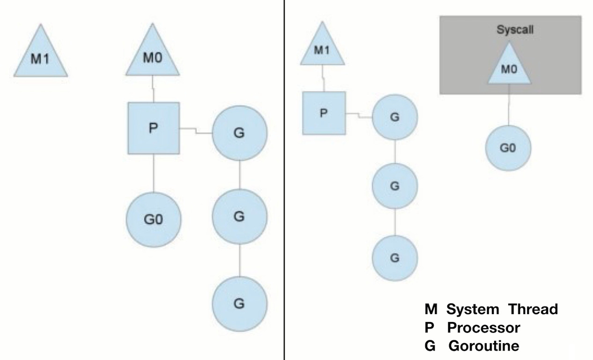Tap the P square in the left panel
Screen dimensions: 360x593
(153, 128)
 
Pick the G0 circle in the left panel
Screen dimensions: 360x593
(153, 219)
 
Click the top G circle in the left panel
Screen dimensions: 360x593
(239, 133)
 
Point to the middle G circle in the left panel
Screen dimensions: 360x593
(239, 216)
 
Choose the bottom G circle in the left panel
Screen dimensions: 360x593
(239, 303)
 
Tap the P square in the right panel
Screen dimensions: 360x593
(324, 113)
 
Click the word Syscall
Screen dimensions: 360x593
(515, 30)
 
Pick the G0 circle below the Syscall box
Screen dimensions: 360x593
(508, 148)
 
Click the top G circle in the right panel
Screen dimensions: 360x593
(394, 117)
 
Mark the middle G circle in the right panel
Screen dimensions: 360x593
(394, 186)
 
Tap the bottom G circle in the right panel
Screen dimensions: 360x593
(394, 257)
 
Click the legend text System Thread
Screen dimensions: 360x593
(502, 309)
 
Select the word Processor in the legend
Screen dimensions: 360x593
(483, 328)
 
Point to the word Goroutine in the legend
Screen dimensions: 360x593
(484, 346)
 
